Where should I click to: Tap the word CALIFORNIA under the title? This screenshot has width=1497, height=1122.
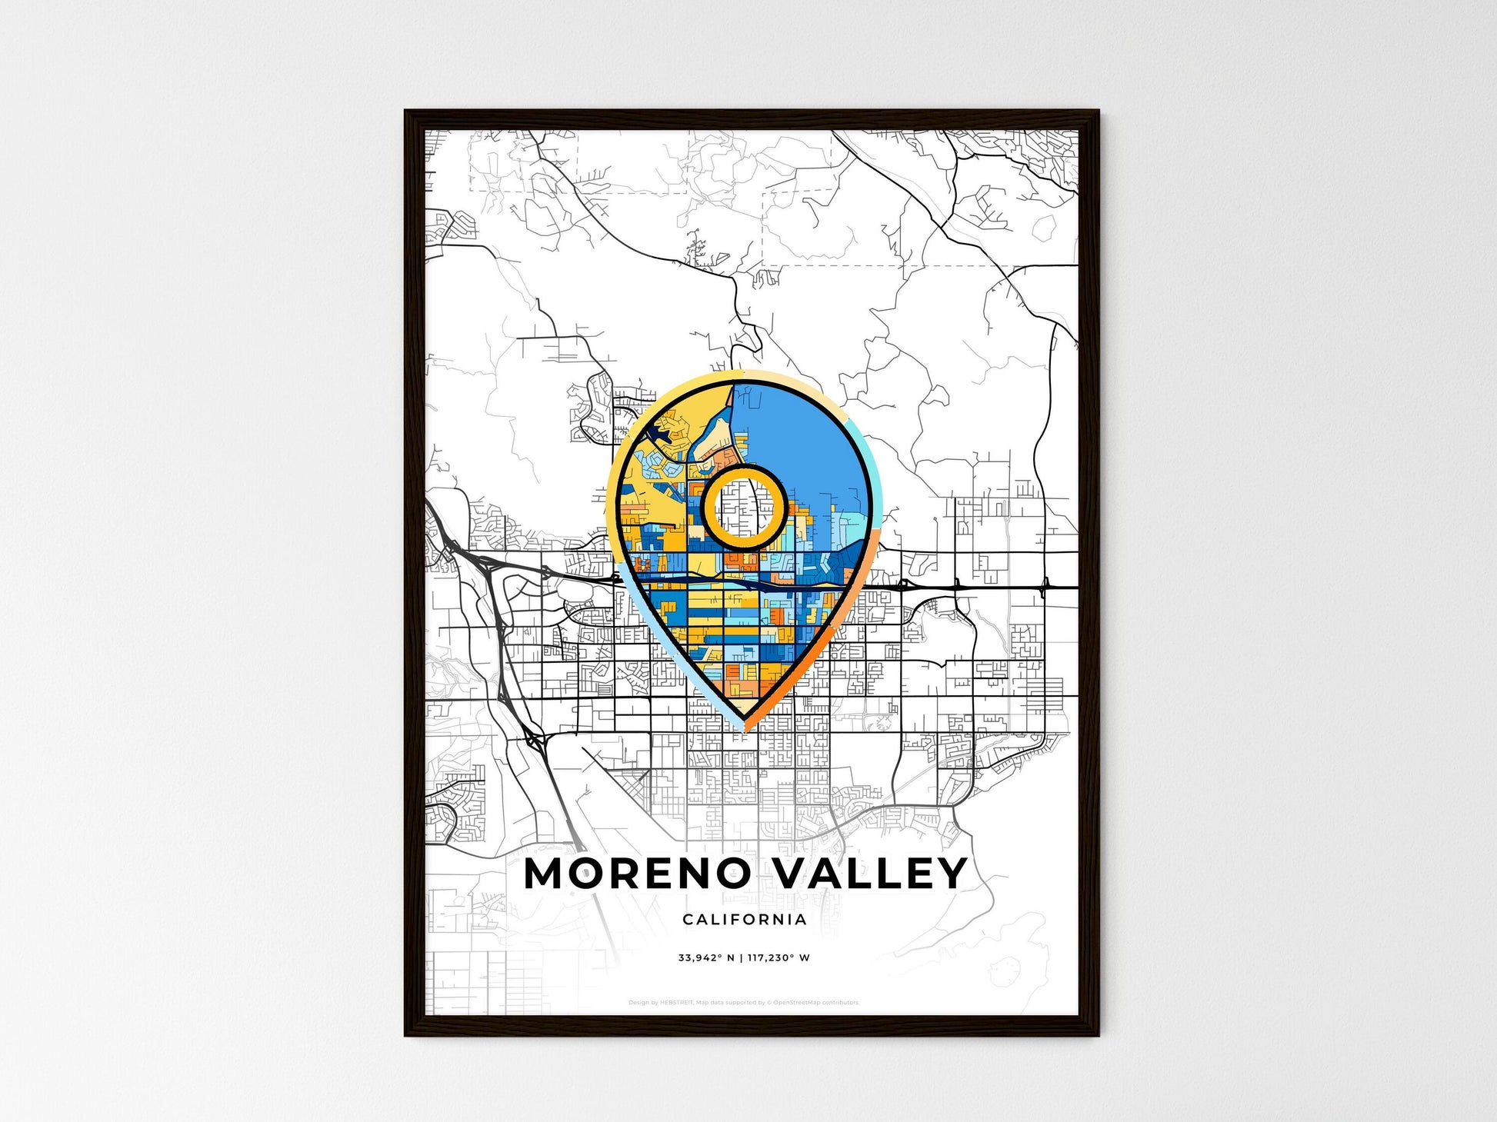(x=744, y=919)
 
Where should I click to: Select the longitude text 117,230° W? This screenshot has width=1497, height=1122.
(x=779, y=958)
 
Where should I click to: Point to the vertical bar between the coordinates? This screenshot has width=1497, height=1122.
(x=740, y=958)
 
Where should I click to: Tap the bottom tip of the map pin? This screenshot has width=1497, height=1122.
(x=744, y=726)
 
